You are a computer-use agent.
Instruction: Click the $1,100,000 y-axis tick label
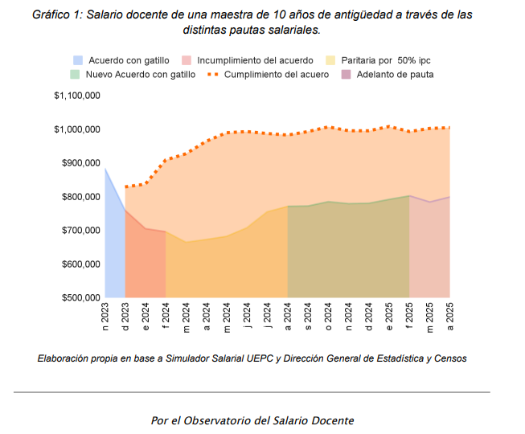[x=77, y=96]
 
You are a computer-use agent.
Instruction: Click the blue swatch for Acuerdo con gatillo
[x=78, y=60]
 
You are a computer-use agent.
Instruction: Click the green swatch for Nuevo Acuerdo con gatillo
[x=76, y=75]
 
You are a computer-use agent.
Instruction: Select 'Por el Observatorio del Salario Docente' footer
[x=252, y=420]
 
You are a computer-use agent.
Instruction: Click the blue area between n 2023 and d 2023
[x=114, y=249]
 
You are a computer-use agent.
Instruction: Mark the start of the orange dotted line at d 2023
[x=125, y=186]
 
